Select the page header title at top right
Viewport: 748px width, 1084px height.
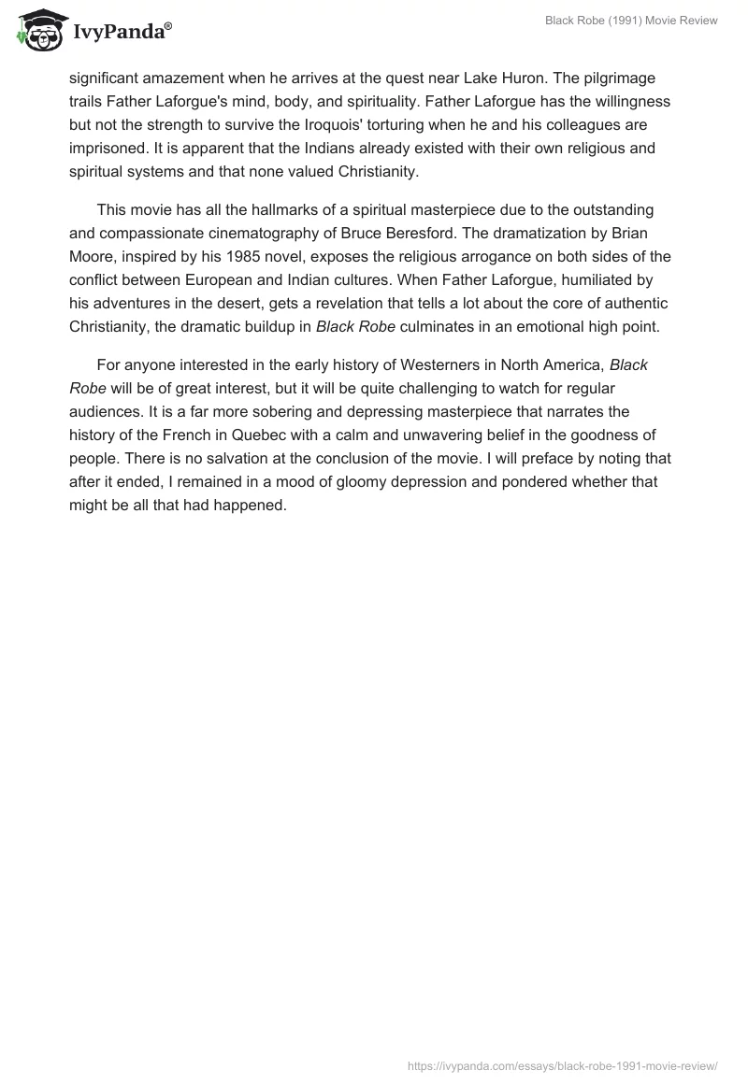click(631, 21)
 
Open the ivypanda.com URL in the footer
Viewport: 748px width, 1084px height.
click(563, 1065)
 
